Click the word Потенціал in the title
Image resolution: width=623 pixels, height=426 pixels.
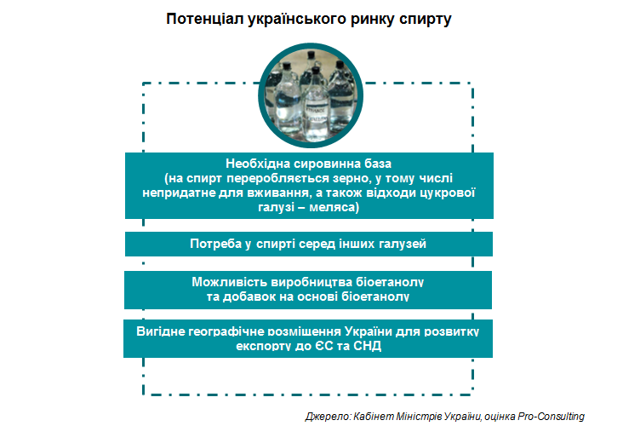[x=204, y=19]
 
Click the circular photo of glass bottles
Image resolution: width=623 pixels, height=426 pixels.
[x=311, y=95]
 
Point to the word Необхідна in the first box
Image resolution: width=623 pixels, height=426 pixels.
[x=258, y=164]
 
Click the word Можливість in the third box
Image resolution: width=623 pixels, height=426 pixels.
[x=229, y=282]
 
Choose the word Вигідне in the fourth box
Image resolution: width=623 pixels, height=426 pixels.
[x=160, y=331]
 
